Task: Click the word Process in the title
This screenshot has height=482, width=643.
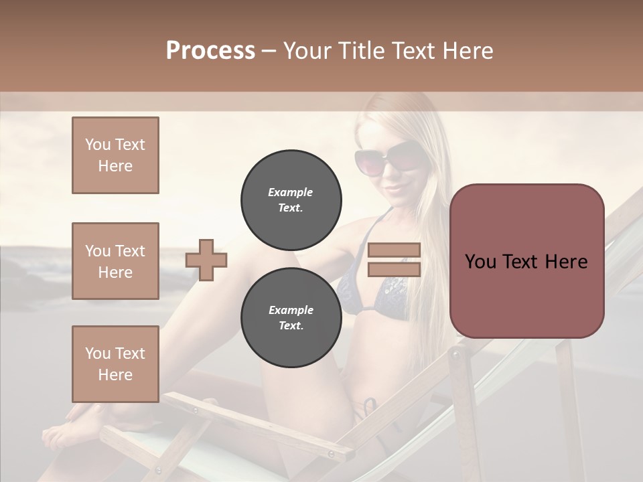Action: pyautogui.click(x=210, y=50)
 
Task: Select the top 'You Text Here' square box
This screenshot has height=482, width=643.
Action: pyautogui.click(x=115, y=155)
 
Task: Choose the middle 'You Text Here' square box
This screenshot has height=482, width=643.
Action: pyautogui.click(x=115, y=261)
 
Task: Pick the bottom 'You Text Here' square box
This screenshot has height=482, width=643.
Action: pyautogui.click(x=115, y=364)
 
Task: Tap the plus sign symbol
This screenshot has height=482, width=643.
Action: pyautogui.click(x=206, y=260)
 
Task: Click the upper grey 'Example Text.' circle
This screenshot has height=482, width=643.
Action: pyautogui.click(x=291, y=200)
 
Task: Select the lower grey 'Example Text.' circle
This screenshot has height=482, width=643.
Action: pyautogui.click(x=291, y=318)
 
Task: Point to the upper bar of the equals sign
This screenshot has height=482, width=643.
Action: pyautogui.click(x=394, y=250)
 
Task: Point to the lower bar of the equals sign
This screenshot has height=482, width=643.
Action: pyautogui.click(x=394, y=269)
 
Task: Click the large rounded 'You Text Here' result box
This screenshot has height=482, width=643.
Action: pyautogui.click(x=526, y=261)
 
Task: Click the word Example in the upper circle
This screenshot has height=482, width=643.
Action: pyautogui.click(x=291, y=192)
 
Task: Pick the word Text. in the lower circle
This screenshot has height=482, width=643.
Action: pyautogui.click(x=291, y=326)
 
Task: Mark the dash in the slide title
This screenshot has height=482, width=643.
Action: pyautogui.click(x=269, y=51)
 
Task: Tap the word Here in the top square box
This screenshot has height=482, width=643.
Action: pyautogui.click(x=115, y=166)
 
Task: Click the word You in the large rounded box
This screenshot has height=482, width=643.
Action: pyautogui.click(x=480, y=262)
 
